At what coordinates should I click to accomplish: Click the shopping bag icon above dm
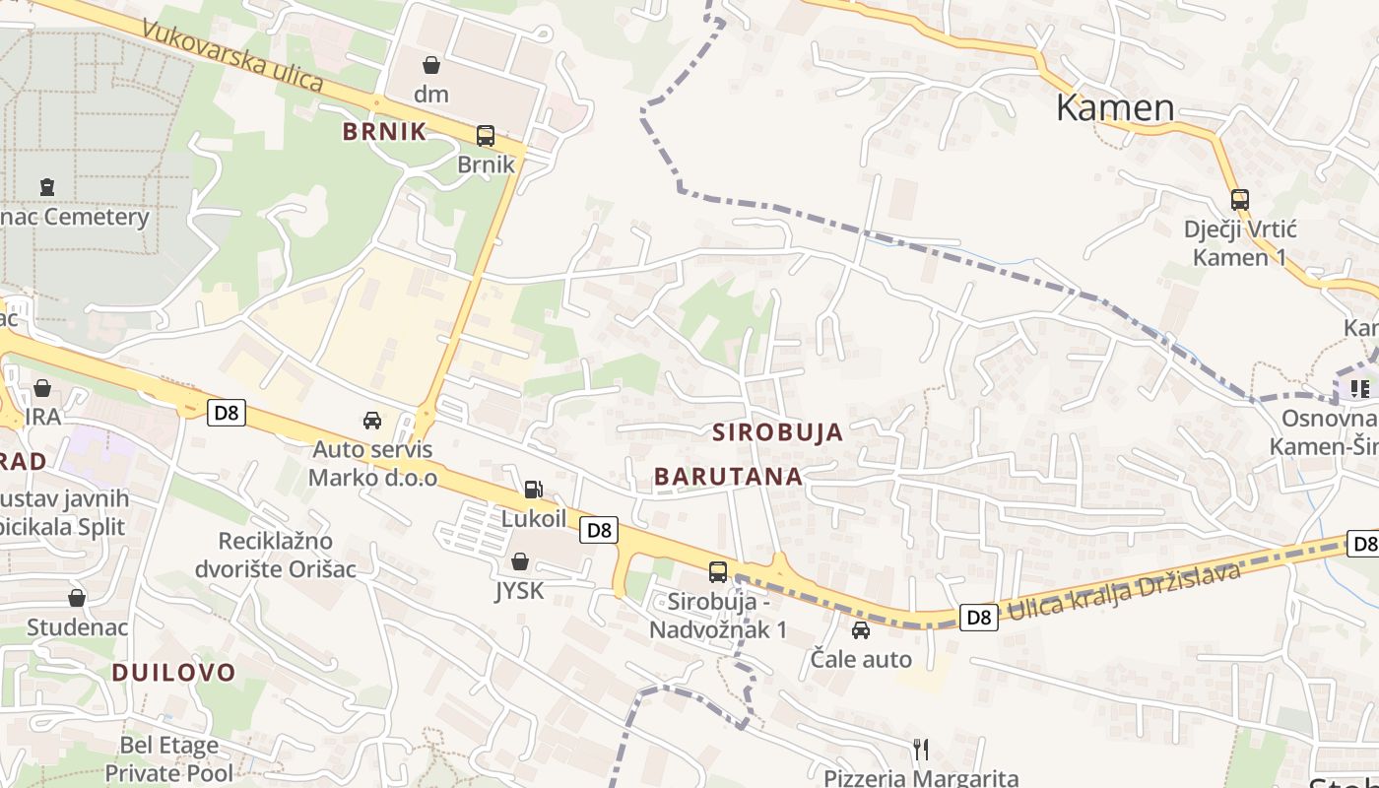click(x=431, y=66)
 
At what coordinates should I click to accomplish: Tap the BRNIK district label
click(x=384, y=131)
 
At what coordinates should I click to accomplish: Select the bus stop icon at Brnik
click(x=486, y=136)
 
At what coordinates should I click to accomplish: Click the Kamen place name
click(x=1115, y=107)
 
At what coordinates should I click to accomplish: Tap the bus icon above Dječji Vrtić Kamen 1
click(x=1240, y=199)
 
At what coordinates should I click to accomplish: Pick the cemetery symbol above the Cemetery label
click(x=46, y=186)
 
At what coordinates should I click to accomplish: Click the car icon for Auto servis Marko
click(x=372, y=421)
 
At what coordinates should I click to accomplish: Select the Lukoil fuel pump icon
click(x=533, y=489)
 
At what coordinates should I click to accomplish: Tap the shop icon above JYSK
click(x=520, y=562)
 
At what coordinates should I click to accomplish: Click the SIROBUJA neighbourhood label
click(x=778, y=431)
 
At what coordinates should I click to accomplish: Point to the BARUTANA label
click(x=728, y=477)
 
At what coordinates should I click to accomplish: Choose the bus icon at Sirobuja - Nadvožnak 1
click(x=718, y=572)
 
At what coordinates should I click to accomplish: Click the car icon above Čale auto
click(x=861, y=630)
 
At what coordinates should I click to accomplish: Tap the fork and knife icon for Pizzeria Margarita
click(x=921, y=750)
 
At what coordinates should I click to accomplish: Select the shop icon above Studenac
click(x=77, y=598)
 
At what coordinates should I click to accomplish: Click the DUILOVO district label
click(x=173, y=673)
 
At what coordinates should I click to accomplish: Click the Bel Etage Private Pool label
click(x=169, y=758)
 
